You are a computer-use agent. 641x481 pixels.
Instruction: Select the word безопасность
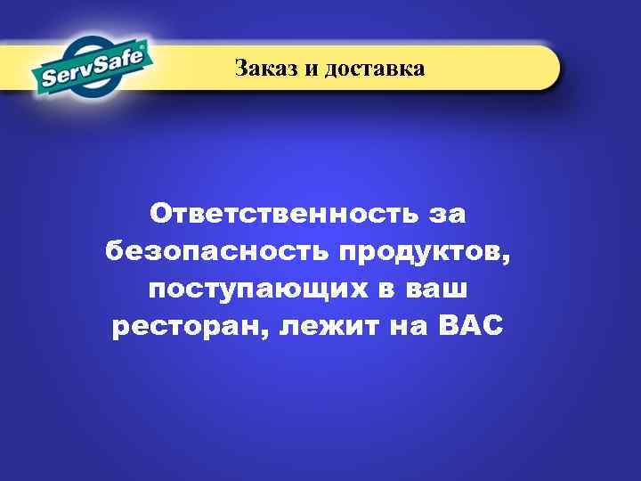216,252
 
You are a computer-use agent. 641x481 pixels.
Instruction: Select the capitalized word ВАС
472,327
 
